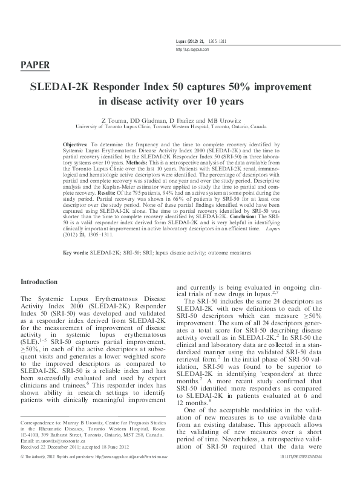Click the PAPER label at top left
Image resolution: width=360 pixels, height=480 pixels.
(x=35, y=65)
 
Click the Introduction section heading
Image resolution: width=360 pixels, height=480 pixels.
(x=44, y=282)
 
